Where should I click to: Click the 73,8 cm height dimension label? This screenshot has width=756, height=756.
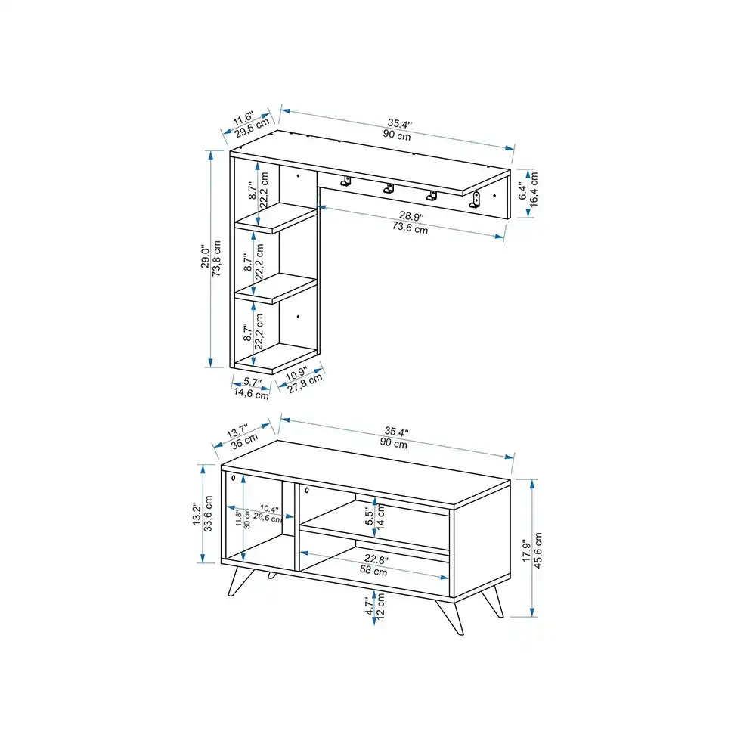point(217,259)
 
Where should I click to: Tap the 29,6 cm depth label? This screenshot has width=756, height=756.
point(253,129)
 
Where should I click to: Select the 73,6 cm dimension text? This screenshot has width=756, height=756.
point(410,228)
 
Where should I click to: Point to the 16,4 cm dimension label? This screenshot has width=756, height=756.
point(534,190)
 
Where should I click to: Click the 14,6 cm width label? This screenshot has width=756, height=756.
point(251,393)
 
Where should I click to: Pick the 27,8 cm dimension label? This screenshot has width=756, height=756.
point(305,384)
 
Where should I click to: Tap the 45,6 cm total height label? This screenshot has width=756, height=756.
point(538,550)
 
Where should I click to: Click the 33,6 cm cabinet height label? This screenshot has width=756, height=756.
point(209,513)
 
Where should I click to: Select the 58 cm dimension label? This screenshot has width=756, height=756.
point(373,570)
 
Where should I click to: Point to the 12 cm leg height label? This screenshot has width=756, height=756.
point(380,606)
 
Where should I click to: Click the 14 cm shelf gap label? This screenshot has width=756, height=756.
point(380,517)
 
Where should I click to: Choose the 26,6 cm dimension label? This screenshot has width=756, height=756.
point(268,518)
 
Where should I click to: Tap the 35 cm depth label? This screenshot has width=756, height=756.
point(244,441)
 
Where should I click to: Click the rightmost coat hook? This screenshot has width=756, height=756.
point(476,200)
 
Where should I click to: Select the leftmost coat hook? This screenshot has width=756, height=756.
point(345,181)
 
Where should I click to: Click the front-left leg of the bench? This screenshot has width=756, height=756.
point(240,581)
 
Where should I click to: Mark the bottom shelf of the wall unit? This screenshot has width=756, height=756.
point(276,358)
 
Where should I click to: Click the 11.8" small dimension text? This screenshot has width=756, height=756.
point(238,518)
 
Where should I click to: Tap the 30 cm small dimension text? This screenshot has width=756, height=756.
point(247,519)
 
